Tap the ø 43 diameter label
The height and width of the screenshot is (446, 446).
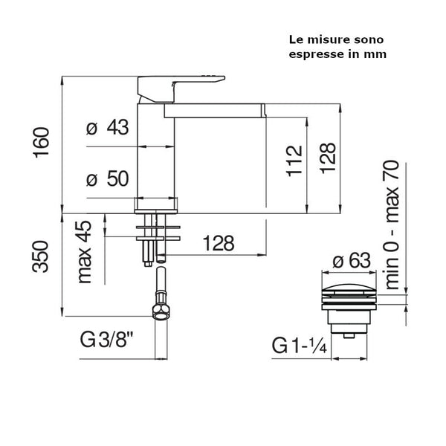108,127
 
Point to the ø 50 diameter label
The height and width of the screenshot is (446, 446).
108,178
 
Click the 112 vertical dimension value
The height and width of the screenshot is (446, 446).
294,159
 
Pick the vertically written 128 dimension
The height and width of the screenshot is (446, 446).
329,159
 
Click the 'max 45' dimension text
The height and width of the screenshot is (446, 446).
84,252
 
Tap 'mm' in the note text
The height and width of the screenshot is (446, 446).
377,54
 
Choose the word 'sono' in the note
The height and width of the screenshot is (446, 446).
363,39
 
